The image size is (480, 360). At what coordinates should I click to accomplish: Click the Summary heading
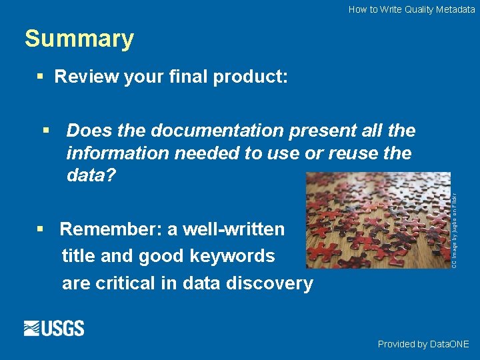click(79, 39)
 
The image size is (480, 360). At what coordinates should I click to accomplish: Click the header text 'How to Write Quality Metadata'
click(411, 9)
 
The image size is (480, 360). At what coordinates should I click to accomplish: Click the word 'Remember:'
click(111, 229)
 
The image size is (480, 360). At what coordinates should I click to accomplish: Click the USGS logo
click(54, 328)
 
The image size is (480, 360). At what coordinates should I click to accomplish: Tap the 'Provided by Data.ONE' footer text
click(423, 344)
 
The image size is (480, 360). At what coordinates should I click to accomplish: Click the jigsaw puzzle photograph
click(377, 220)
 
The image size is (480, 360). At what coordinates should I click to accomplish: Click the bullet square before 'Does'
click(45, 130)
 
